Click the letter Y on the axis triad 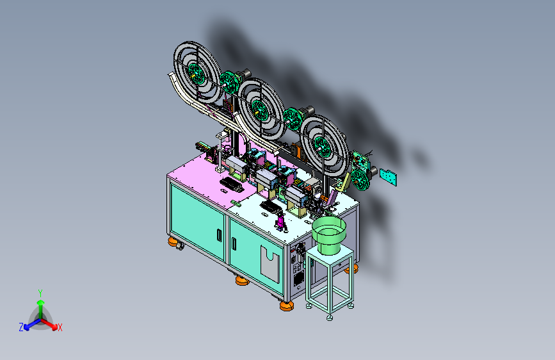pyautogui.click(x=40, y=293)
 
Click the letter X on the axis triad pyautogui.click(x=60, y=327)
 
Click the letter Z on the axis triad pyautogui.click(x=21, y=327)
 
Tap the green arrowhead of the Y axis pyautogui.click(x=41, y=302)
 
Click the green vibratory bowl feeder pyautogui.click(x=329, y=234)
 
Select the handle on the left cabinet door pyautogui.click(x=219, y=235)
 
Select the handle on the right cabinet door pyautogui.click(x=234, y=243)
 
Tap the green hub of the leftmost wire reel pyautogui.click(x=196, y=74)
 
